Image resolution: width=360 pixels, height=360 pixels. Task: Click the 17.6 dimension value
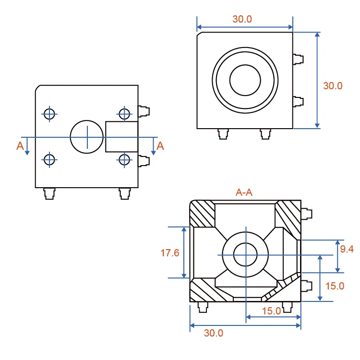click(x=169, y=253)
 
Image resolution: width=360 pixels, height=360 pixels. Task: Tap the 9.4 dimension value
click(x=347, y=249)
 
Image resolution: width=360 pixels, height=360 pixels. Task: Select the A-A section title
click(x=244, y=192)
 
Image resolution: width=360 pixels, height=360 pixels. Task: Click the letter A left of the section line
click(x=20, y=146)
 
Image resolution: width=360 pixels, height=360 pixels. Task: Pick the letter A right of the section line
click(x=160, y=146)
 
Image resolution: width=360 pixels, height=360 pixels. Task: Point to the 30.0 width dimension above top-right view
click(x=242, y=19)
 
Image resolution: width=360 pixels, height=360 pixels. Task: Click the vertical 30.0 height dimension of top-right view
click(x=333, y=86)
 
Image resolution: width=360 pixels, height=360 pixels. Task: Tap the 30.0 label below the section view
click(x=214, y=333)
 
